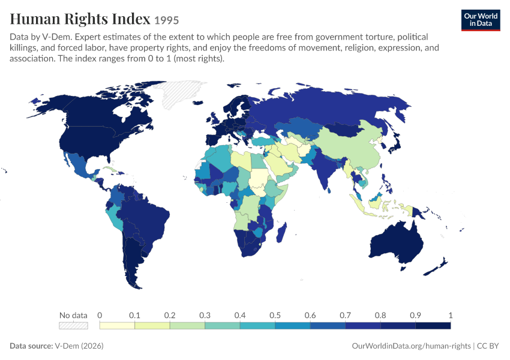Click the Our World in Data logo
[481, 20]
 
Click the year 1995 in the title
[167, 20]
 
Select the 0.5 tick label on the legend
[275, 315]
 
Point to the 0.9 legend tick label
[415, 315]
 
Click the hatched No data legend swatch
[73, 326]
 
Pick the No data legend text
[73, 315]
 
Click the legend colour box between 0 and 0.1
[117, 326]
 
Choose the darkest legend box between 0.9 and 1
[433, 326]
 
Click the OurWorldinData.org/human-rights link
[411, 346]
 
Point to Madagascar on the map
[281, 232]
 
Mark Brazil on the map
[146, 221]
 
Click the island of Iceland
[198, 103]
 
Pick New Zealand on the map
[436, 267]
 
